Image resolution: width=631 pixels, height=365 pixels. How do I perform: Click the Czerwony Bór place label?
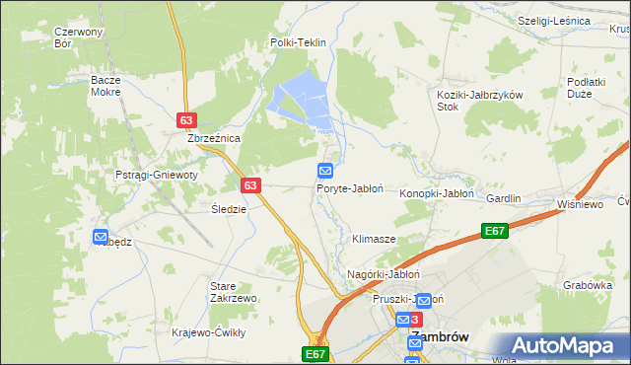(79, 37)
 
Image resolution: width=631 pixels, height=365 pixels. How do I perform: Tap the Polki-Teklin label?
(298, 43)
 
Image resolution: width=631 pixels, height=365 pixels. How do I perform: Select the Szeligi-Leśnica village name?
(554, 21)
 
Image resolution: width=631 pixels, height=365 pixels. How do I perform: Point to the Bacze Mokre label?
(105, 85)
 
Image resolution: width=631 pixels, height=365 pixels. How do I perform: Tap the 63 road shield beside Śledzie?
(249, 184)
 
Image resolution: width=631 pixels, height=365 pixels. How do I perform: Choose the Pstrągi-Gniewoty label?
(157, 175)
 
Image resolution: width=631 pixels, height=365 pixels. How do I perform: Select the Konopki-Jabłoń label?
(436, 194)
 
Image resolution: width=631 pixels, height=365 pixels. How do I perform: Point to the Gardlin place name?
(503, 198)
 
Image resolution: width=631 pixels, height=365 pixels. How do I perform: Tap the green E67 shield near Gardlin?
(495, 231)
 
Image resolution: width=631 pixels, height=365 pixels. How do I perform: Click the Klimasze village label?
(374, 240)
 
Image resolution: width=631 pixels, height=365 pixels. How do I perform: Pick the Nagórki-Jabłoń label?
(385, 274)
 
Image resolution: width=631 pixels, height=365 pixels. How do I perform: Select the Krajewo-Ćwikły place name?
(208, 332)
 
